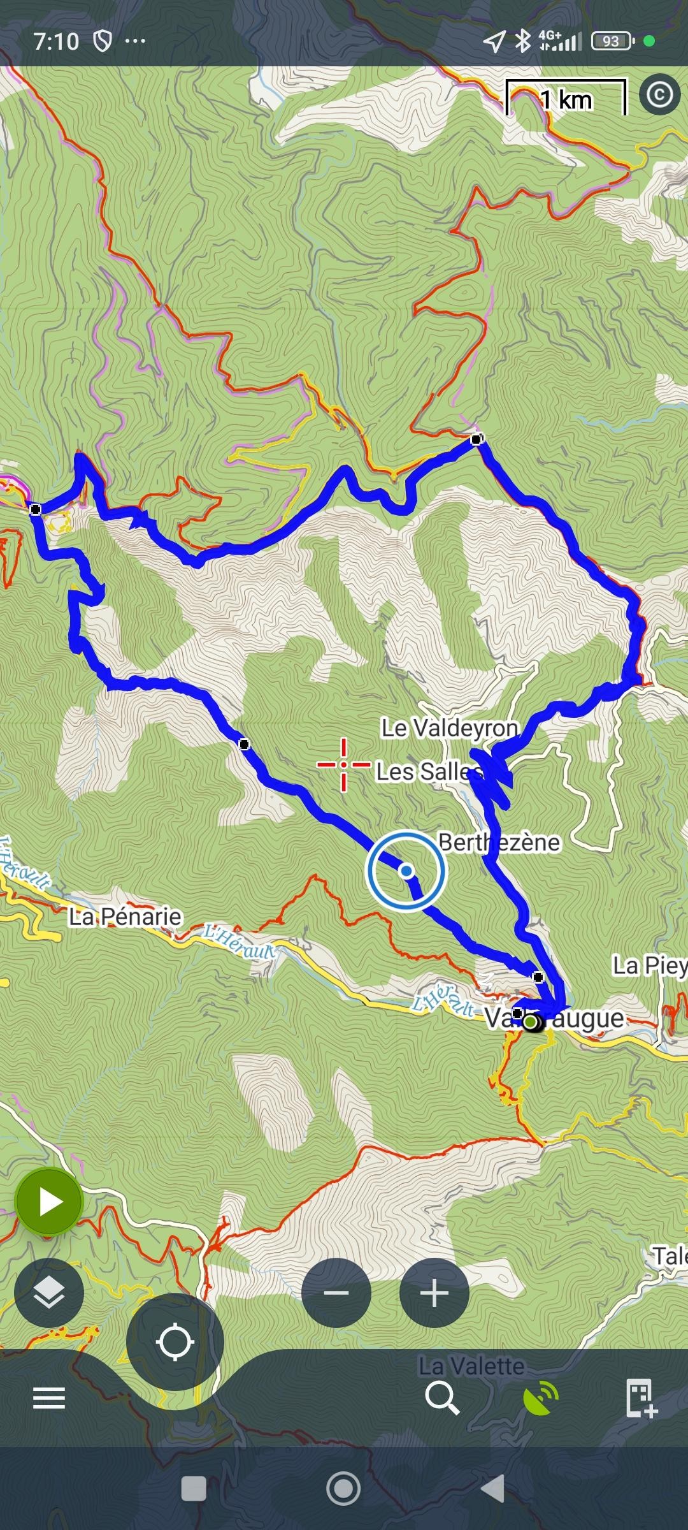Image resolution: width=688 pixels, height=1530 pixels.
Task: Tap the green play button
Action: (49, 1202)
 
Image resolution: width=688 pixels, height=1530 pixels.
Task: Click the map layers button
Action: (49, 1293)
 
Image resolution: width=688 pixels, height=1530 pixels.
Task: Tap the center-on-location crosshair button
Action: (175, 1341)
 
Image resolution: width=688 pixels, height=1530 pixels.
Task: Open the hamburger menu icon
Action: (49, 1398)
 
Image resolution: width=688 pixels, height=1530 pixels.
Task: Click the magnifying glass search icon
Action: (442, 1397)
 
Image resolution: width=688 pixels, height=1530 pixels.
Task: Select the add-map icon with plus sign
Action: (640, 1398)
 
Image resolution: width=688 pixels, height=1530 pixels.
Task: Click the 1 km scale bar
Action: (566, 98)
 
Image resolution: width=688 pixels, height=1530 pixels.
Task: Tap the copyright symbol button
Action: (659, 95)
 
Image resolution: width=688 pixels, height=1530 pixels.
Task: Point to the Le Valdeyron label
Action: (450, 727)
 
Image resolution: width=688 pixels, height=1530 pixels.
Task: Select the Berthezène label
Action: (499, 842)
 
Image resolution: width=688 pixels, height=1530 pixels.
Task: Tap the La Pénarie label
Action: (125, 917)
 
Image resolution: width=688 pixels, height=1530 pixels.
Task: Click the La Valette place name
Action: (471, 1366)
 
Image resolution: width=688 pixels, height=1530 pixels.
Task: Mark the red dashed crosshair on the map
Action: (343, 764)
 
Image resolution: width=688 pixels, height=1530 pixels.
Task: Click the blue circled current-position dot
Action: (406, 871)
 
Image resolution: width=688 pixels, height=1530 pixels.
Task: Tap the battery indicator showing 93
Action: (612, 41)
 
